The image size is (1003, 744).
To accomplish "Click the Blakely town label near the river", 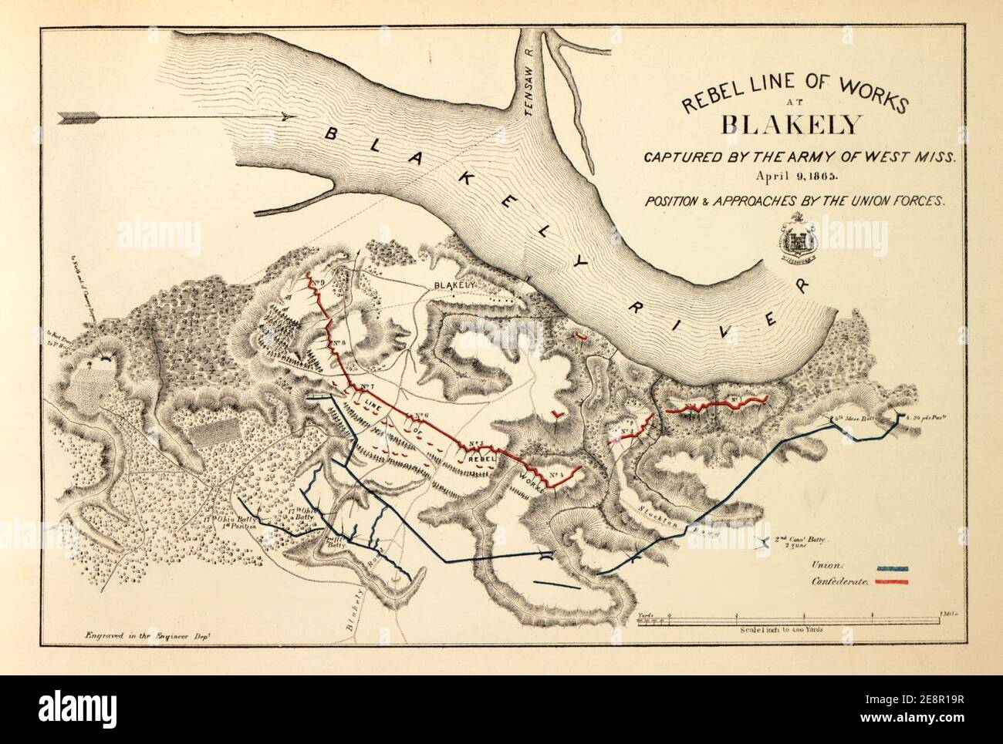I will [x=454, y=285].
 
